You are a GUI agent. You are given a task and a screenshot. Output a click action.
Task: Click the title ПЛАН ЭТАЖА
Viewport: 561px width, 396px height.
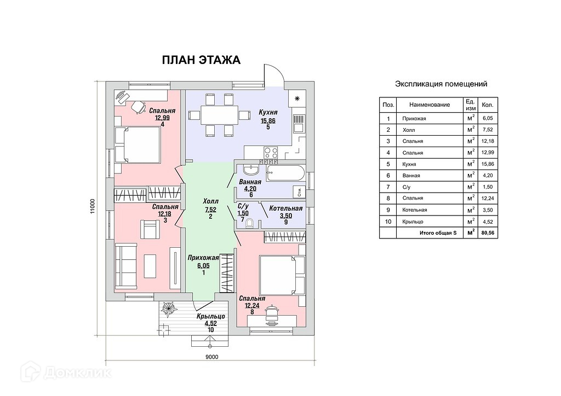pyautogui.click(x=201, y=60)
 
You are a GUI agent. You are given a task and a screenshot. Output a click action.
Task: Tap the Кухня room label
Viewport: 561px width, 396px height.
pyautogui.click(x=268, y=113)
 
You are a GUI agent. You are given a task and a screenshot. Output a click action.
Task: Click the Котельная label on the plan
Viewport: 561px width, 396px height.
pyautogui.click(x=286, y=208)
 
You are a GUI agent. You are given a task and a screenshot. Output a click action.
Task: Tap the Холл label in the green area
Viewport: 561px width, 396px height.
pyautogui.click(x=210, y=201)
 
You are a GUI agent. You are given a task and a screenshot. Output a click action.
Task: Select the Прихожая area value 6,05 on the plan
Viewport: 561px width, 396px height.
pyautogui.click(x=203, y=266)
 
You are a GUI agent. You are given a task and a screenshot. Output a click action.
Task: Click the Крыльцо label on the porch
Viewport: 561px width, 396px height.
pyautogui.click(x=211, y=316)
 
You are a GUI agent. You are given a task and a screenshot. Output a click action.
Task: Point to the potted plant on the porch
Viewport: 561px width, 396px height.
pyautogui.click(x=168, y=308)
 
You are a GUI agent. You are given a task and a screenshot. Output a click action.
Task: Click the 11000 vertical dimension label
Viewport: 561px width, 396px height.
pyautogui.click(x=93, y=206)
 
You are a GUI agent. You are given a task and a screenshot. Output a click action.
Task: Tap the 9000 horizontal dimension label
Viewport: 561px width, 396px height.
pyautogui.click(x=212, y=357)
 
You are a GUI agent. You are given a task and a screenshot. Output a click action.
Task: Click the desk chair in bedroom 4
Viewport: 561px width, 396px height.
pyautogui.click(x=138, y=107)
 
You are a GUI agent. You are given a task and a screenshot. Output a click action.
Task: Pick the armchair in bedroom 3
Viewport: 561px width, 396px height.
pyautogui.click(x=150, y=229)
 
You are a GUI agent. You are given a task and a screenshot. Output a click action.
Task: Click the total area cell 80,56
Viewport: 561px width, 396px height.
pyautogui.click(x=488, y=233)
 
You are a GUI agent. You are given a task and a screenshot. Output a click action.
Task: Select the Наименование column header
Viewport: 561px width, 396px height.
pyautogui.click(x=430, y=104)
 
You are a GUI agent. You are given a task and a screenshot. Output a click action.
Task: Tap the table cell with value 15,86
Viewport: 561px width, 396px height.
pyautogui.click(x=488, y=164)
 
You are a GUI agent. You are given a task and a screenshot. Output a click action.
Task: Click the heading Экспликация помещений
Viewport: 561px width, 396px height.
pyautogui.click(x=441, y=84)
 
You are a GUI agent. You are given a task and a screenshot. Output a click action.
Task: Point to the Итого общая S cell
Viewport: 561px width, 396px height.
pyautogui.click(x=438, y=233)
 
